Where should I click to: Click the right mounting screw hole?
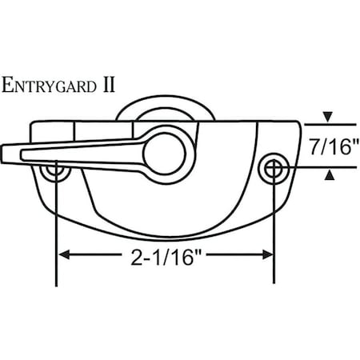pyautogui.click(x=274, y=167)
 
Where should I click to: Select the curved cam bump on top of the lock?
pyautogui.click(x=152, y=108)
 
